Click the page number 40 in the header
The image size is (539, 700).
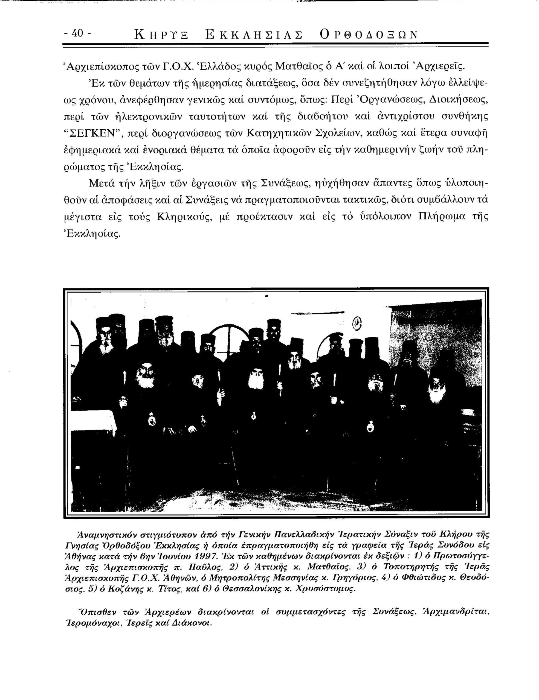coord(77,33)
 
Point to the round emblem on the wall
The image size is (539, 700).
coord(356,324)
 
